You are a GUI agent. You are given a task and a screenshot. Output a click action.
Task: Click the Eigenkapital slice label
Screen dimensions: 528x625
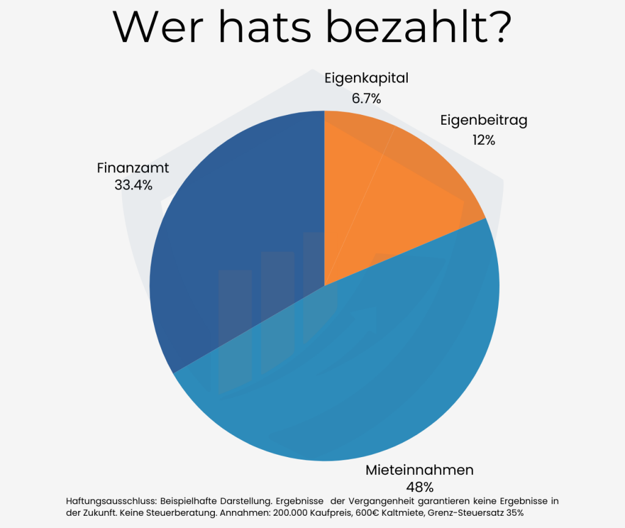tap(366, 78)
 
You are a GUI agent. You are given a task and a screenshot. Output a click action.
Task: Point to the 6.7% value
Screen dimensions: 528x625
tap(366, 98)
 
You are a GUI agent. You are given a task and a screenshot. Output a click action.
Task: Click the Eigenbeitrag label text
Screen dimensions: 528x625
tap(483, 120)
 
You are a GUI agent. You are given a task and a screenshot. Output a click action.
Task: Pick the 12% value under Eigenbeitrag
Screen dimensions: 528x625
tap(483, 140)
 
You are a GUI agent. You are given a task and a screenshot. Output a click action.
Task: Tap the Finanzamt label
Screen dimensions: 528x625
tap(133, 167)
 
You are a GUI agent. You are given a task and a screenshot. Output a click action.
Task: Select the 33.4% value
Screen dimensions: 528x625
tap(133, 185)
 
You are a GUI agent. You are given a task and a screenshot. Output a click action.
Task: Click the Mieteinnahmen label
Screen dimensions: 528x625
tap(419, 470)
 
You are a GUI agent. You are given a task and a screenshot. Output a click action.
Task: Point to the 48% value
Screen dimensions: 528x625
tap(419, 488)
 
